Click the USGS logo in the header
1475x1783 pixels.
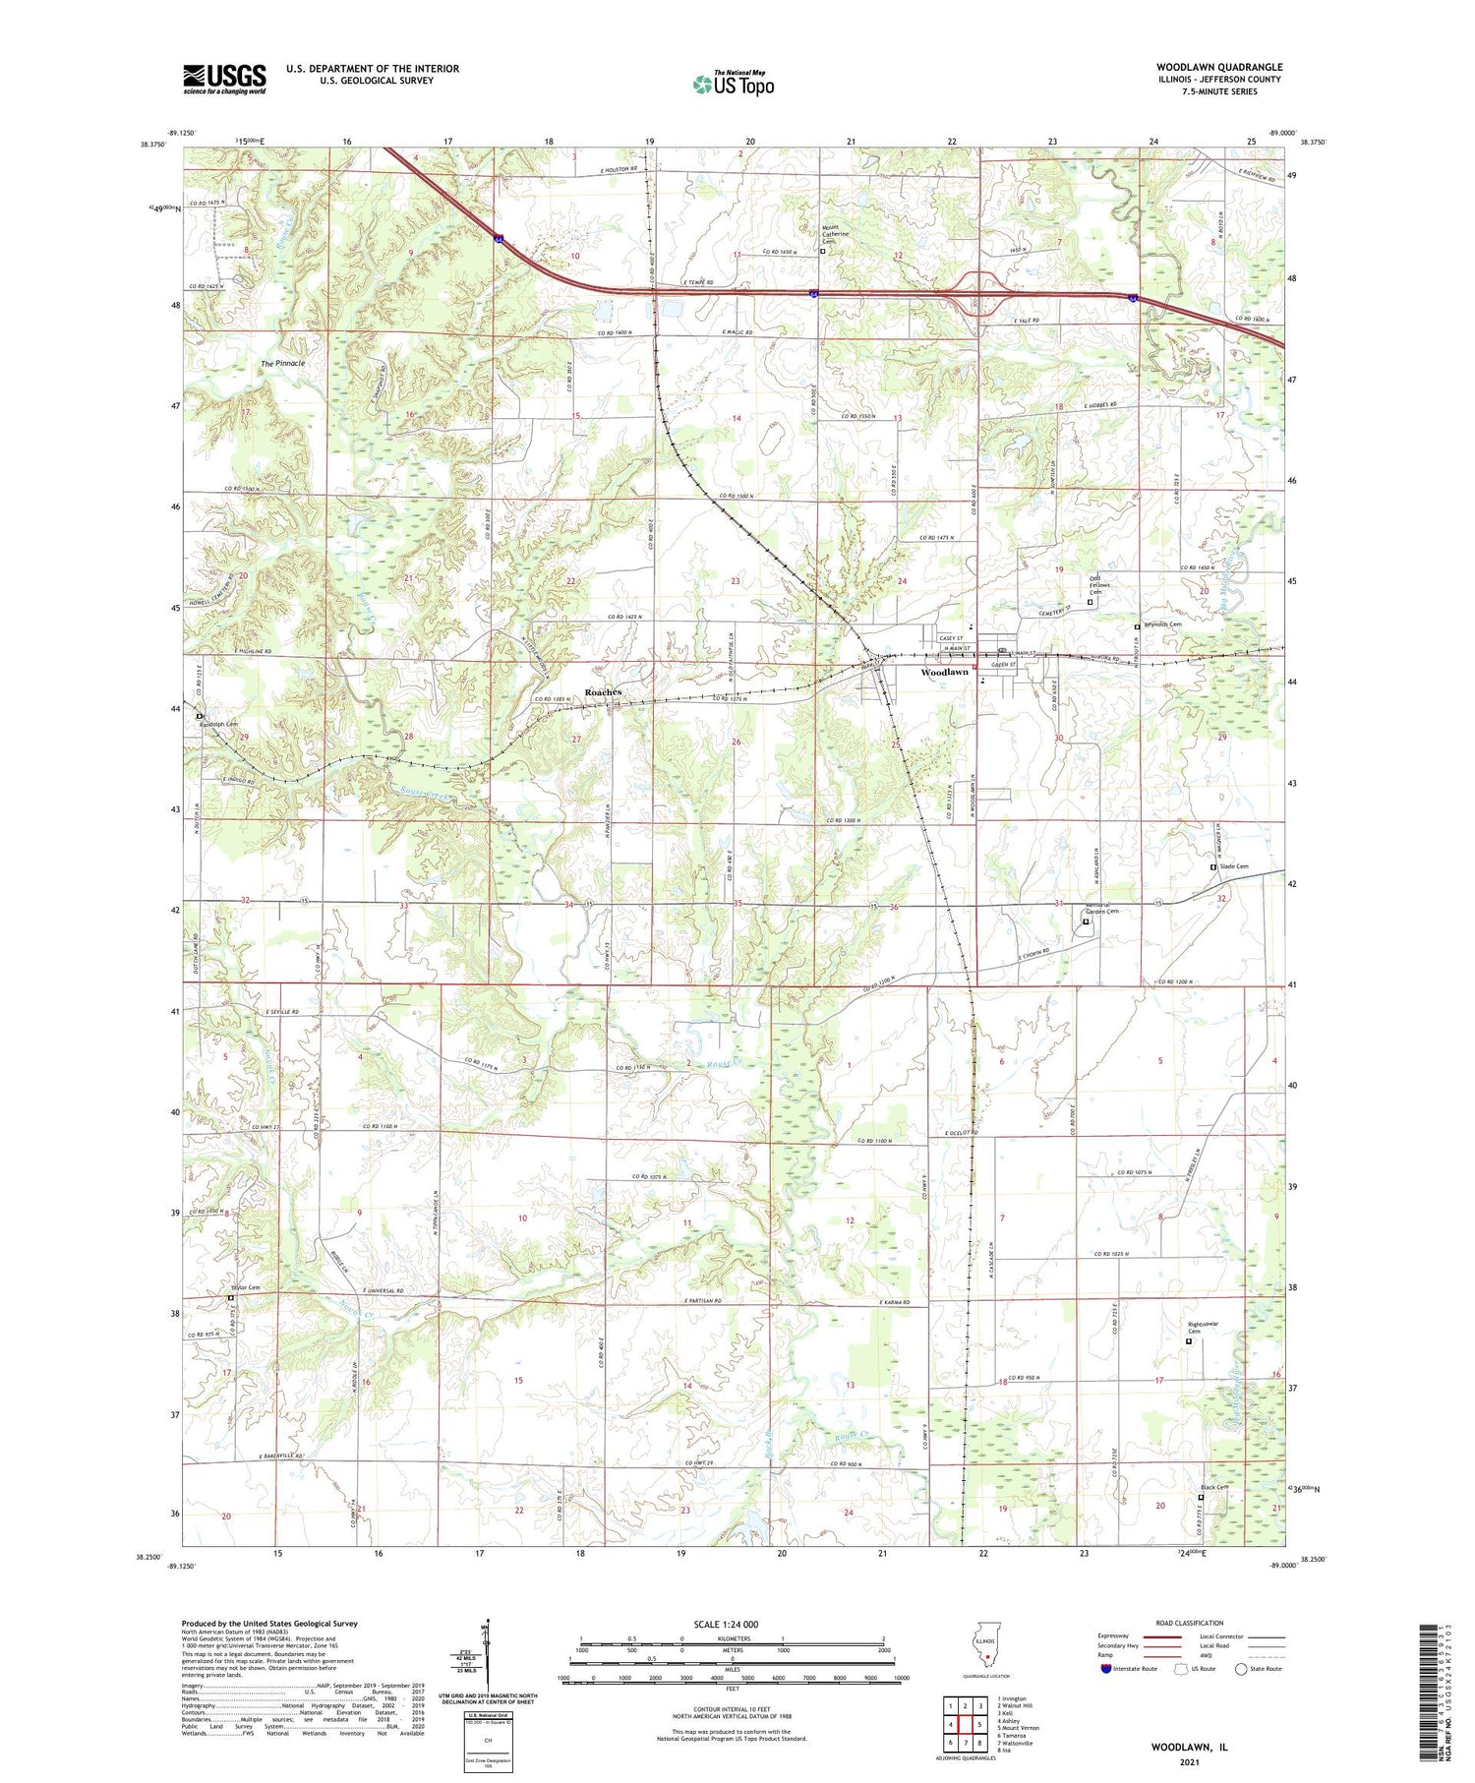(224, 79)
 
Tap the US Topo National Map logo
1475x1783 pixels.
(733, 84)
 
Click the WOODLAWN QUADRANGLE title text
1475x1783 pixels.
(1218, 67)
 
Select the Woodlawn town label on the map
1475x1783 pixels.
(944, 673)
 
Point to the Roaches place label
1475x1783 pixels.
(603, 692)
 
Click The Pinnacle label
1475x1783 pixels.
(282, 363)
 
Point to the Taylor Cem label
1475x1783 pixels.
(245, 1287)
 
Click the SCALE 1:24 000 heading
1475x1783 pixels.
(732, 1624)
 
